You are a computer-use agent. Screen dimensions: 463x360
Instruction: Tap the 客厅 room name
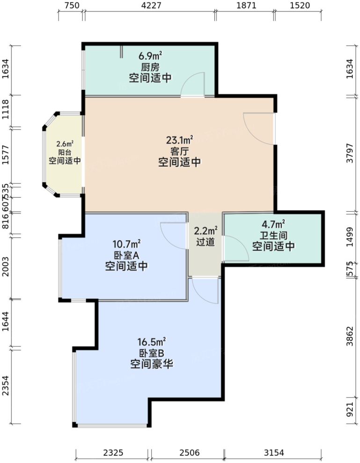coord(180,151)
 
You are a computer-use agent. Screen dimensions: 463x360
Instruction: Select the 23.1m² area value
coord(180,140)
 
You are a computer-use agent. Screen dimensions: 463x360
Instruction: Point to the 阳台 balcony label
coord(65,152)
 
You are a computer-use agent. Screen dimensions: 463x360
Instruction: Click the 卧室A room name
coord(127,255)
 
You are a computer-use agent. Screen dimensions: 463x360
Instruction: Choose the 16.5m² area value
coord(152,343)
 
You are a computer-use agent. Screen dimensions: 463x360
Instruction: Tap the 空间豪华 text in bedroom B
coord(152,364)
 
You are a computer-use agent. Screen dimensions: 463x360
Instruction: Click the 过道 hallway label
coord(206,243)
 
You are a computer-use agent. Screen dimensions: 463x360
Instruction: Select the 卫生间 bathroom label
coord(274,235)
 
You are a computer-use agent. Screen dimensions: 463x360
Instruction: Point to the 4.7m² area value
coord(274,224)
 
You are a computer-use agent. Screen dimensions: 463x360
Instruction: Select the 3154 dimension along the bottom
coord(274,453)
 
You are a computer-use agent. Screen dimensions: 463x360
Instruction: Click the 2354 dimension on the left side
coord(6,386)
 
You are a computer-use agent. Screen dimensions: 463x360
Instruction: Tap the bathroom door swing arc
coord(237,248)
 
